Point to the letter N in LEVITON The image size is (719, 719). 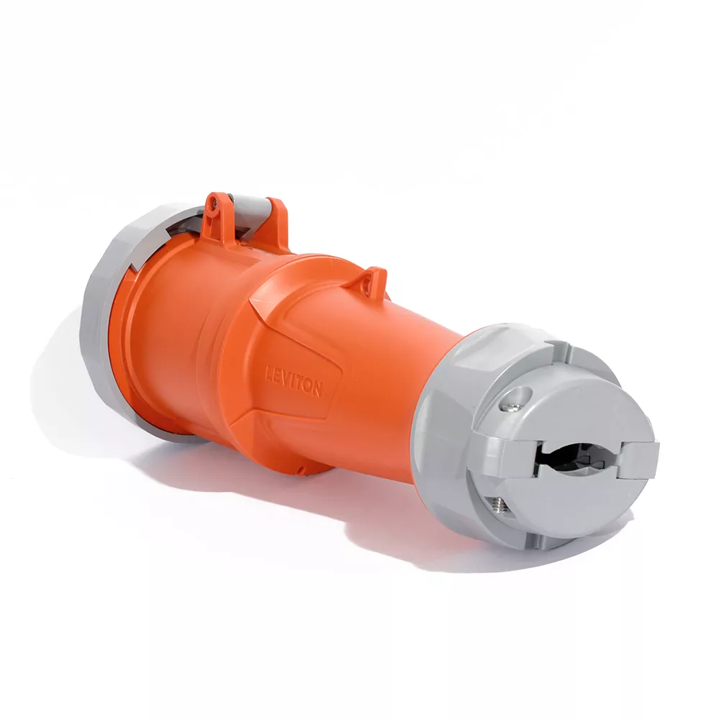point(317,388)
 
